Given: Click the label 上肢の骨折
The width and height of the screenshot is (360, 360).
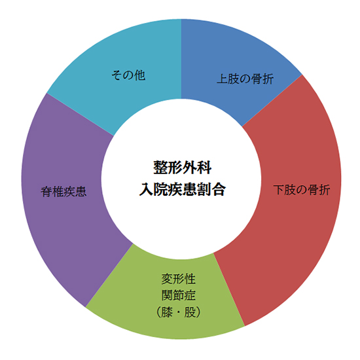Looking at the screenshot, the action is point(245,79).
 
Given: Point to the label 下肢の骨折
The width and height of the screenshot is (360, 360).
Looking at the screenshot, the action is point(302,190).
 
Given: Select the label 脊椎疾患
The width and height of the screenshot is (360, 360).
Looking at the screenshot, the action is point(63,191).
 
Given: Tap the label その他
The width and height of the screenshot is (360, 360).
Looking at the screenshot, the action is point(128,75).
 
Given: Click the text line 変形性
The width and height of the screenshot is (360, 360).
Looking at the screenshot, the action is point(179,279).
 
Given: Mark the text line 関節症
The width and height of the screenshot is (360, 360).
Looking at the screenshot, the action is point(179,295).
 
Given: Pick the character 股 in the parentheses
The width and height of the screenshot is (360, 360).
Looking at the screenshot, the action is point(190,312).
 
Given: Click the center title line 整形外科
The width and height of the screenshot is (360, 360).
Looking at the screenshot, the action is point(183,168).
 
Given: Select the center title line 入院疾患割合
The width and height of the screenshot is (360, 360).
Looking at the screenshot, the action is point(183,189).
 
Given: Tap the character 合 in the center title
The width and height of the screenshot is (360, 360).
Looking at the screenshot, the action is point(219,189).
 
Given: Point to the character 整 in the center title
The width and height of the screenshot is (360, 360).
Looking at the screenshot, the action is point(160,168).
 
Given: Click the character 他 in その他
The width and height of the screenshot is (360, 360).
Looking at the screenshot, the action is point(140,75).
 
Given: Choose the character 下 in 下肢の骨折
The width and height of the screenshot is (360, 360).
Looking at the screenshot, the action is point(279,190).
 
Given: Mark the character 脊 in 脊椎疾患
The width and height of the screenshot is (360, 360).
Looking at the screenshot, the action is point(46,191).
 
